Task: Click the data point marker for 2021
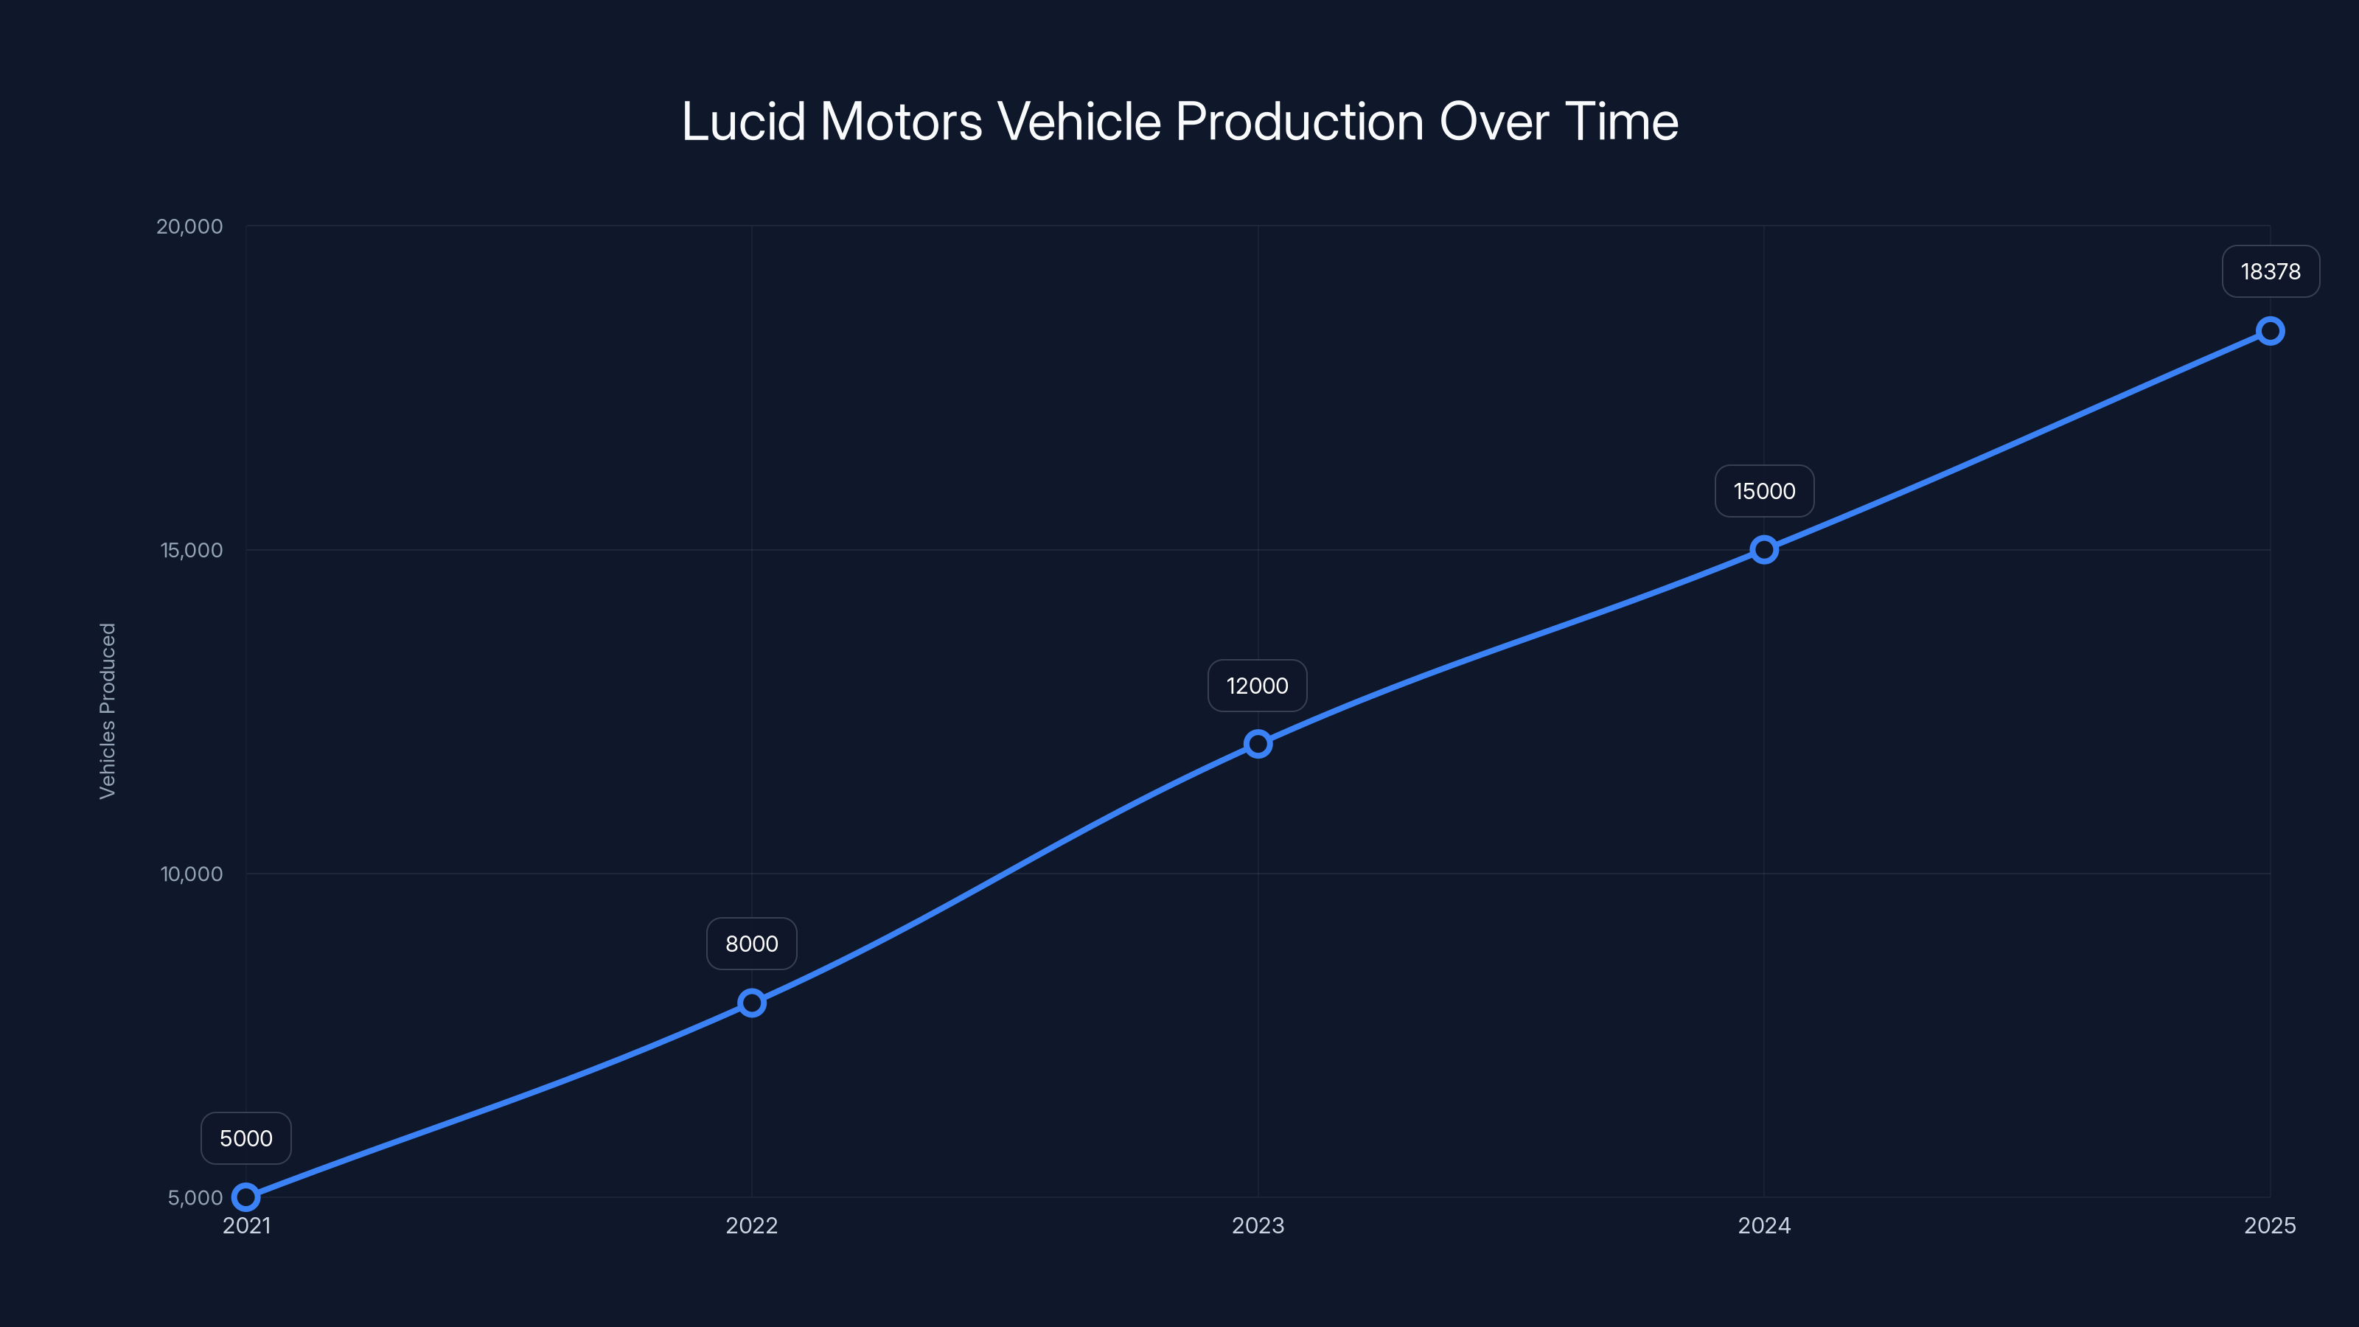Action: click(x=245, y=1197)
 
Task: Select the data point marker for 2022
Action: click(x=752, y=1003)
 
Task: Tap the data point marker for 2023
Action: click(x=1258, y=744)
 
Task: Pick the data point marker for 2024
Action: click(x=1764, y=549)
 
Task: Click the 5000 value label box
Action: click(x=245, y=1138)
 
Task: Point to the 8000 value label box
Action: click(x=752, y=944)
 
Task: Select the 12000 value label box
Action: click(x=1258, y=686)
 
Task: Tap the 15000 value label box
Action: click(x=1764, y=491)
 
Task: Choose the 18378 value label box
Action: click(x=2271, y=271)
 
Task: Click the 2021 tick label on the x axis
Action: click(x=246, y=1225)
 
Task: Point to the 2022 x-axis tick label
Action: click(x=752, y=1225)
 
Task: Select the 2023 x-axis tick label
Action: click(x=1258, y=1225)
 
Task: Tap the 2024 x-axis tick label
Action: click(x=1764, y=1225)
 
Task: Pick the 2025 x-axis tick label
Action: click(x=2269, y=1225)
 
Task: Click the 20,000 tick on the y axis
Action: click(x=189, y=226)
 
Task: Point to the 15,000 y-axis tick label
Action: click(x=192, y=551)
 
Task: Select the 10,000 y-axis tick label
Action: click(x=192, y=874)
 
